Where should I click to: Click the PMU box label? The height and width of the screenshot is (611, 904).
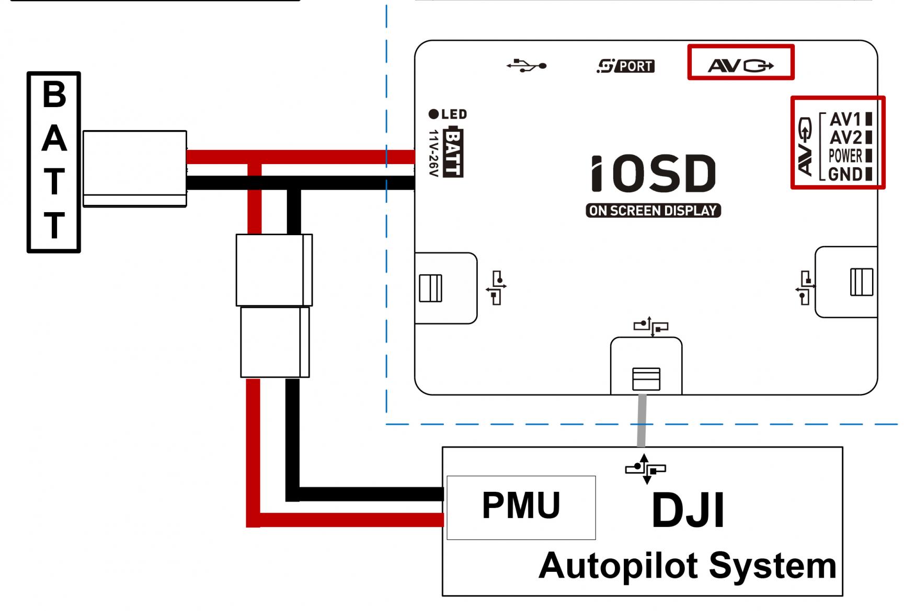pyautogui.click(x=521, y=505)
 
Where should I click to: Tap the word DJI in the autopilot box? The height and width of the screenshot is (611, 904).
pyautogui.click(x=688, y=510)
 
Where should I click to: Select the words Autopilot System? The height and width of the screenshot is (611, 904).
pyautogui.click(x=687, y=566)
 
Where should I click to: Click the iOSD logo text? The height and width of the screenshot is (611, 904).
pyautogui.click(x=653, y=174)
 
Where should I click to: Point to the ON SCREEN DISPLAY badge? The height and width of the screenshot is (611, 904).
pyautogui.click(x=653, y=211)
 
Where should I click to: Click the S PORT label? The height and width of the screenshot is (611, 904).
pyautogui.click(x=626, y=66)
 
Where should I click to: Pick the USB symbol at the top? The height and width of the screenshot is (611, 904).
pyautogui.click(x=527, y=66)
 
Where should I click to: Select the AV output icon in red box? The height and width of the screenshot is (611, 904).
pyautogui.click(x=740, y=65)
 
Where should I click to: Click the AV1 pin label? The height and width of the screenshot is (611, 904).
pyautogui.click(x=845, y=119)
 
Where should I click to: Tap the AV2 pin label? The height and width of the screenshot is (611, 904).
pyautogui.click(x=845, y=137)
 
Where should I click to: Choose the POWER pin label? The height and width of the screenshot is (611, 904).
pyautogui.click(x=845, y=156)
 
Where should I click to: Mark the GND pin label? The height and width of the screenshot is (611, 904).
pyautogui.click(x=845, y=174)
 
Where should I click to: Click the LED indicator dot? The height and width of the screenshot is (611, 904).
pyautogui.click(x=433, y=114)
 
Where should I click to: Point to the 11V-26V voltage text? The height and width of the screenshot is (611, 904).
pyautogui.click(x=433, y=153)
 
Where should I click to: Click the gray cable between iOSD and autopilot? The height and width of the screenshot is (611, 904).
pyautogui.click(x=642, y=421)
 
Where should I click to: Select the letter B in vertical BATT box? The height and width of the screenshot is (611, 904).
pyautogui.click(x=54, y=95)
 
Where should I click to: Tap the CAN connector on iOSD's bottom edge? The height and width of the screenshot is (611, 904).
pyautogui.click(x=646, y=379)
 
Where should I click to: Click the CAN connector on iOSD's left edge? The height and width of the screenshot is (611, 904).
pyautogui.click(x=430, y=288)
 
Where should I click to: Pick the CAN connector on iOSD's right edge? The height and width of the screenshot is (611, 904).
pyautogui.click(x=861, y=282)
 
